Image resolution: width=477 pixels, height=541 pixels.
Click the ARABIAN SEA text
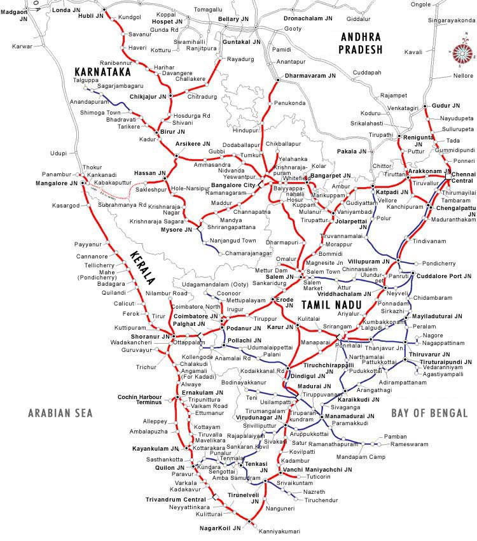point(60,413)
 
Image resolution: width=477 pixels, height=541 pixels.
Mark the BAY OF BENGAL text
point(429,413)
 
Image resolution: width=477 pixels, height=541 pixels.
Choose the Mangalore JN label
point(55,183)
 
